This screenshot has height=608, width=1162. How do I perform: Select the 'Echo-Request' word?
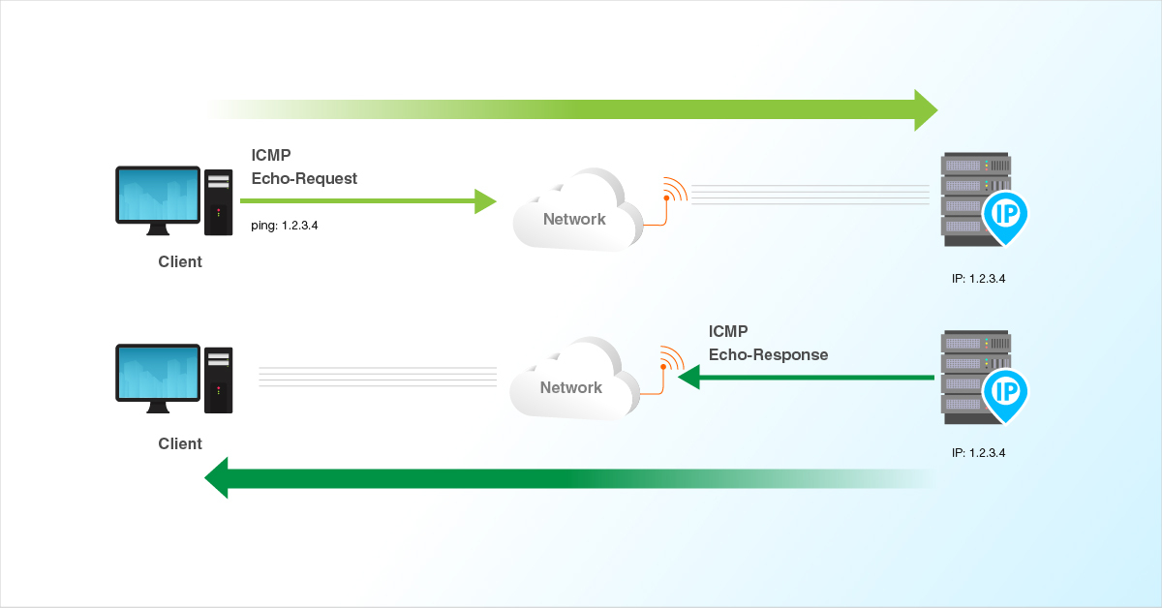[x=304, y=178]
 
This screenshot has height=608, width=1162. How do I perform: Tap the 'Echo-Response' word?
[x=768, y=354]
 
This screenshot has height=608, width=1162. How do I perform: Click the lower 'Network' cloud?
[x=572, y=382]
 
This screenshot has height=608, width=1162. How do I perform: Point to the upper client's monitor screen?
[x=158, y=197]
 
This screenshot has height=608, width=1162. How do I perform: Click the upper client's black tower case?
[x=219, y=202]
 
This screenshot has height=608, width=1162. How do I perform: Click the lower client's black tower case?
[x=219, y=379]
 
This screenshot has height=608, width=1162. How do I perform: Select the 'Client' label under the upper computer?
[x=180, y=261]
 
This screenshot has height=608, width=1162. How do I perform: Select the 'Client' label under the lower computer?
[x=180, y=443]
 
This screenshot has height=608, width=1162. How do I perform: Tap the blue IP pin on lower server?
[x=1005, y=393]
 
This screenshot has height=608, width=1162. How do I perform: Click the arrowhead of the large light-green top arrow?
[x=925, y=109]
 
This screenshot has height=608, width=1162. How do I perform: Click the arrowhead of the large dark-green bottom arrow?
[x=217, y=478]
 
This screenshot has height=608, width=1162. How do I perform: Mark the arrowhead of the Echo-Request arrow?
[x=485, y=200]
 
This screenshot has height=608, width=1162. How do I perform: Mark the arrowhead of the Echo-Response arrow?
[x=688, y=377]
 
